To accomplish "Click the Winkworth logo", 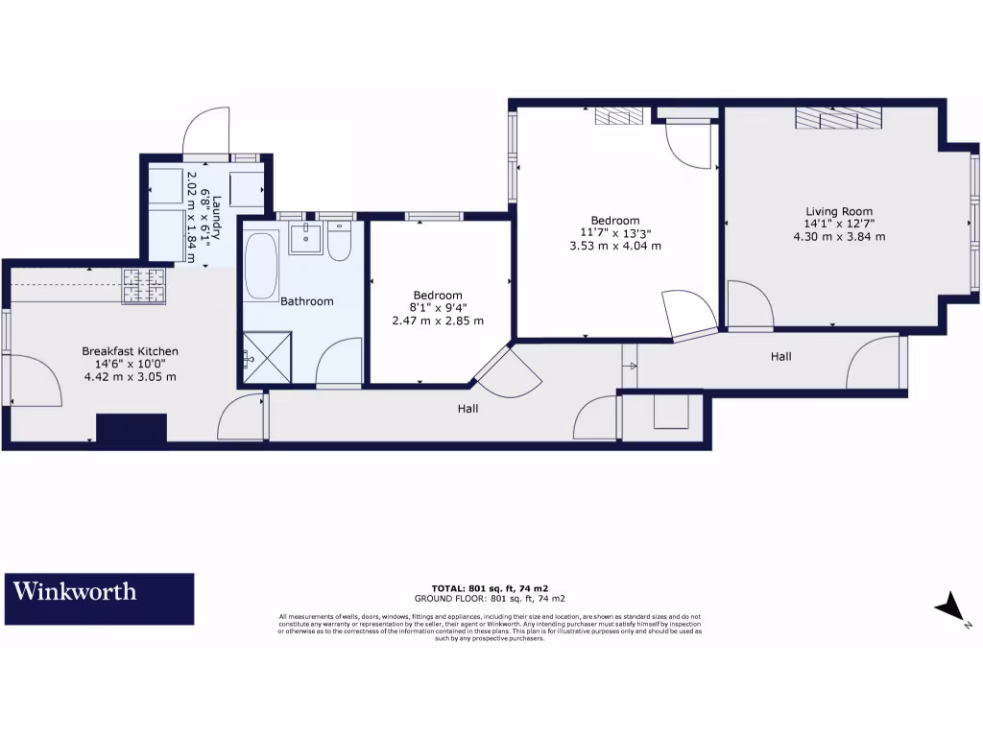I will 101,599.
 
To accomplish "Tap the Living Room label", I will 839,212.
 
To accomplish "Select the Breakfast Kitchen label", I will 130,351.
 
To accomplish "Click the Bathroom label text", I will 307,301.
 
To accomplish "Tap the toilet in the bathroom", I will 339,243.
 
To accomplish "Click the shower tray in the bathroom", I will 268,358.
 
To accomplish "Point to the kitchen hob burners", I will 144,285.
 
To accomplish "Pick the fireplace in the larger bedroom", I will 616,116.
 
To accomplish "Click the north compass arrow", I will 950,608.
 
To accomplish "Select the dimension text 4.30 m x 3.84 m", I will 839,236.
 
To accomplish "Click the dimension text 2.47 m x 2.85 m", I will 438,321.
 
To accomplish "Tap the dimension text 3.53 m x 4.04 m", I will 615,246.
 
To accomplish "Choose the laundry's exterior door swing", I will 206,133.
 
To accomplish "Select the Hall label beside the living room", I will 781,356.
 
